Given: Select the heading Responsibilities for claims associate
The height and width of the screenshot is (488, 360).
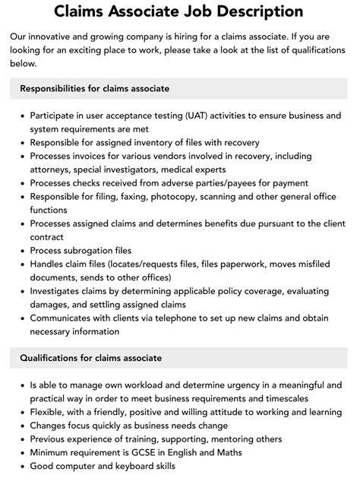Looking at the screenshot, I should pyautogui.click(x=95, y=89).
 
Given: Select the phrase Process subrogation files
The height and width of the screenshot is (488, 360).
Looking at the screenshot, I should pyautogui.click(x=81, y=250).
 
